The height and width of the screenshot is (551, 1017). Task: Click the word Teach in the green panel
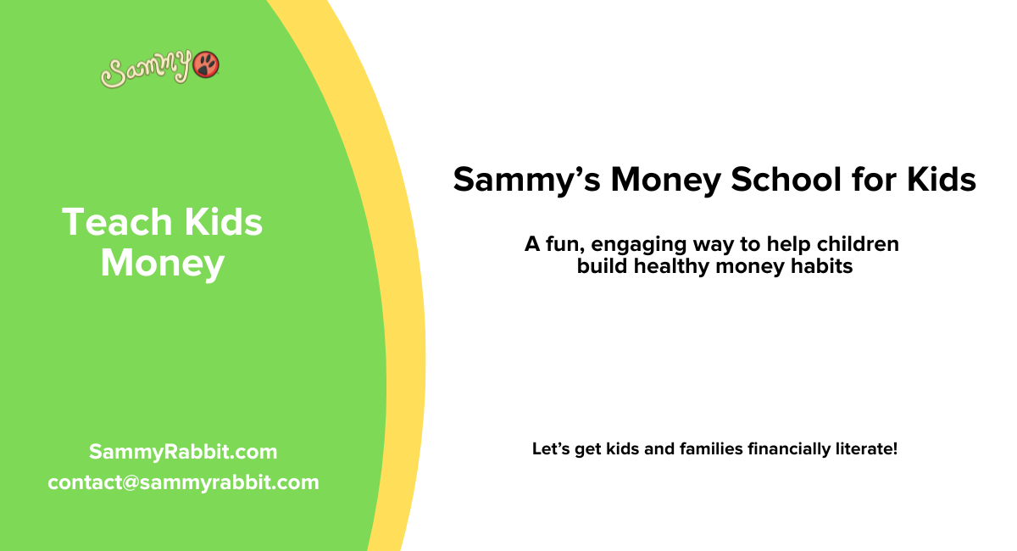[116, 223]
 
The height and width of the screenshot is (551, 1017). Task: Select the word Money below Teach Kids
[162, 264]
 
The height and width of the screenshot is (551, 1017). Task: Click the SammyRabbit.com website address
[183, 452]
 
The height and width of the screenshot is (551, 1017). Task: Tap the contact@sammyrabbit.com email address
[183, 482]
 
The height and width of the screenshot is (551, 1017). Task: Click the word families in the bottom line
[712, 448]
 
